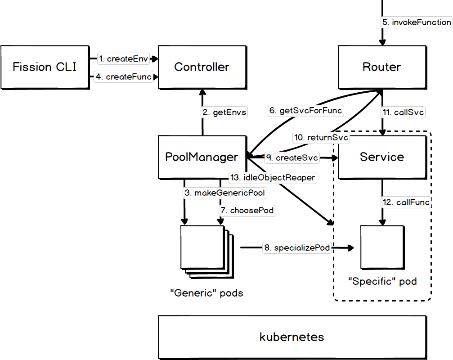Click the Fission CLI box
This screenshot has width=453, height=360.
click(x=45, y=67)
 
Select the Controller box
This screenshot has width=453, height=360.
click(x=202, y=67)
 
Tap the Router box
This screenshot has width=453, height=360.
click(x=381, y=67)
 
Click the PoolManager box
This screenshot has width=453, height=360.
click(x=202, y=157)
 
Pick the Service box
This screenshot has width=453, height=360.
click(x=381, y=157)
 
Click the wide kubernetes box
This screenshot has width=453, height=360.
click(x=292, y=337)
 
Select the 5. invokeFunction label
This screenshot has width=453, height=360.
click(x=417, y=22)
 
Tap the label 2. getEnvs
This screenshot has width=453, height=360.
click(x=224, y=112)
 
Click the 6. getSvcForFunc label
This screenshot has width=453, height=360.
click(x=305, y=110)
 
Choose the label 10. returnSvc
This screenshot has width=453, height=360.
click(x=321, y=138)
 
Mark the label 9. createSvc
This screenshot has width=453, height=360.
click(x=292, y=157)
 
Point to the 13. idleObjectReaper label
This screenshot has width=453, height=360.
click(x=272, y=177)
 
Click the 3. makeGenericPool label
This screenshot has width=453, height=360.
click(x=224, y=193)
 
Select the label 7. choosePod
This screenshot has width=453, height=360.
click(x=247, y=210)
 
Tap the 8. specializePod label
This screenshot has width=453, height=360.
click(x=297, y=247)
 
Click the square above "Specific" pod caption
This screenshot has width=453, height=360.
click(x=382, y=247)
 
